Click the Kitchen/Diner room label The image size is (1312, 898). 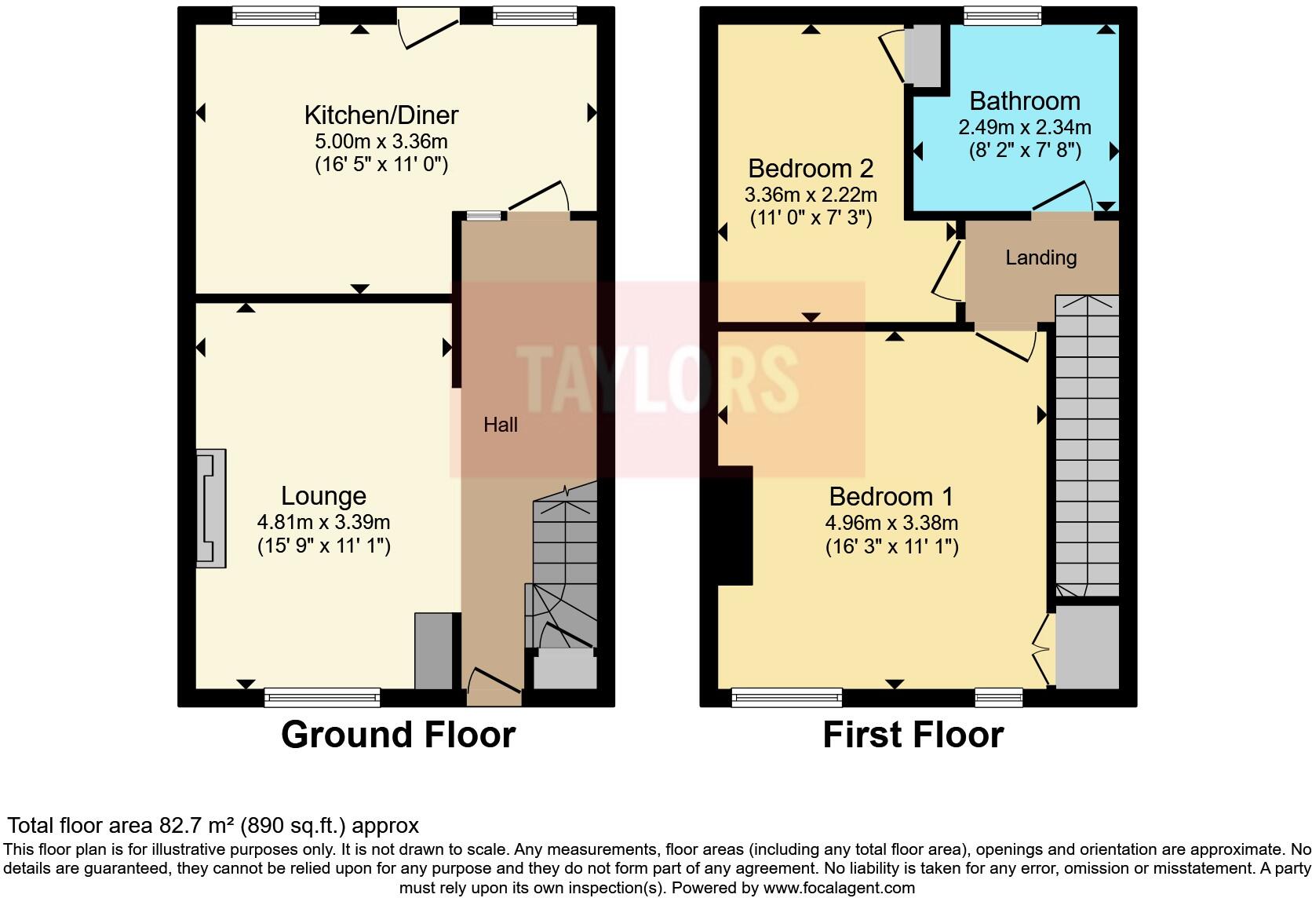point(381,115)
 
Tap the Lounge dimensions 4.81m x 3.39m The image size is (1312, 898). point(323,522)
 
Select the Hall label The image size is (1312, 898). point(501,425)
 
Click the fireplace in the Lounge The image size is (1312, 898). point(210,508)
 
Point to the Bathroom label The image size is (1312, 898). point(1025,101)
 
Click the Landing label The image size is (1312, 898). point(1040,257)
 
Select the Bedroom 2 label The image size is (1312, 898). point(811,169)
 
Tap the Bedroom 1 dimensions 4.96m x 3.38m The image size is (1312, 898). point(891,523)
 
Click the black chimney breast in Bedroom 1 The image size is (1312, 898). point(735,525)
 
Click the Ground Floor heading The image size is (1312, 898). point(398,735)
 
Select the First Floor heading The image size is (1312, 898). point(913,735)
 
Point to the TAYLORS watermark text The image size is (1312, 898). point(658,379)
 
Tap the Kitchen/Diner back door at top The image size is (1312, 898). point(428,27)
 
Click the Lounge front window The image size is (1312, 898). point(322,697)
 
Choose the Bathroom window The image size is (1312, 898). point(1002,15)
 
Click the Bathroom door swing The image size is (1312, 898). point(1063,196)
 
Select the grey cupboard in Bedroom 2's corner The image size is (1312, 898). point(924,56)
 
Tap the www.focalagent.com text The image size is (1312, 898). point(839,889)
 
